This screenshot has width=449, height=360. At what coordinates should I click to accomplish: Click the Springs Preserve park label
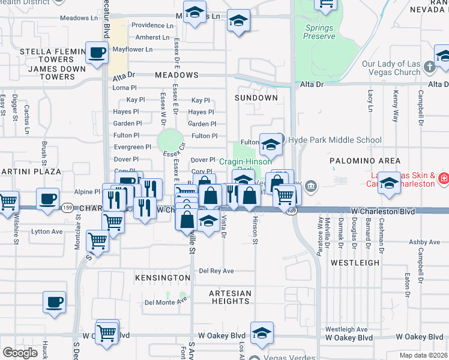pos(319,32)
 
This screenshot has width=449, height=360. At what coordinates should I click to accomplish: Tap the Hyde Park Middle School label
pos(334,140)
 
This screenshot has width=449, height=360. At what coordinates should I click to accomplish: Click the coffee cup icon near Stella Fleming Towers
pos(97,53)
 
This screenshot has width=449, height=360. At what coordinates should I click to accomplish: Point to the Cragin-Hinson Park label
pos(245,161)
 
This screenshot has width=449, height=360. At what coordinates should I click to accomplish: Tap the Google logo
pos(20,352)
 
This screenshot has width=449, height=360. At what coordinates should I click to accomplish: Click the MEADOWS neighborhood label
pos(176,75)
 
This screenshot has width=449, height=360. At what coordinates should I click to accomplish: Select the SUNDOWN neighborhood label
pos(256,97)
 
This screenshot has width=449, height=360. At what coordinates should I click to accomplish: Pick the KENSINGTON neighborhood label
pos(163,278)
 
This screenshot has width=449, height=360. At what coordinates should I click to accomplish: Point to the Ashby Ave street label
pos(408,242)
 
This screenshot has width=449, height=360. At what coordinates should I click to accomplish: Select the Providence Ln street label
pos(152,25)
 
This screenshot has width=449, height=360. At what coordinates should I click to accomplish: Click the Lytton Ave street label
pos(48,231)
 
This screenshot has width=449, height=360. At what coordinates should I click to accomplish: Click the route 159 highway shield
pos(68,208)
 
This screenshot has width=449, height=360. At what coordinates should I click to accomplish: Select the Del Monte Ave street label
pos(166,302)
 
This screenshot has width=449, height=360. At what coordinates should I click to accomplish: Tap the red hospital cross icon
pos(444,178)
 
